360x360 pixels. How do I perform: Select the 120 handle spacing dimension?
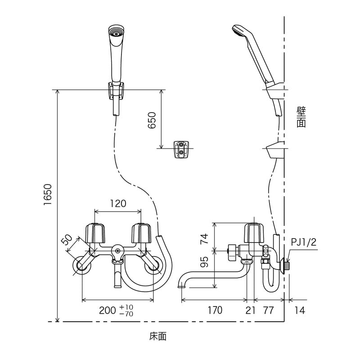(x=118, y=203)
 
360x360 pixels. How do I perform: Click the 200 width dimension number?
(x=108, y=310)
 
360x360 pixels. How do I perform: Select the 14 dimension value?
(x=301, y=310)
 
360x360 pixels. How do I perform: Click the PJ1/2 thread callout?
(x=304, y=243)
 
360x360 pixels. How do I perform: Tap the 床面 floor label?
(x=158, y=336)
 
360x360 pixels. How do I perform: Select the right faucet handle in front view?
(x=140, y=233)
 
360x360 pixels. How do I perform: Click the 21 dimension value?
(x=251, y=310)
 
